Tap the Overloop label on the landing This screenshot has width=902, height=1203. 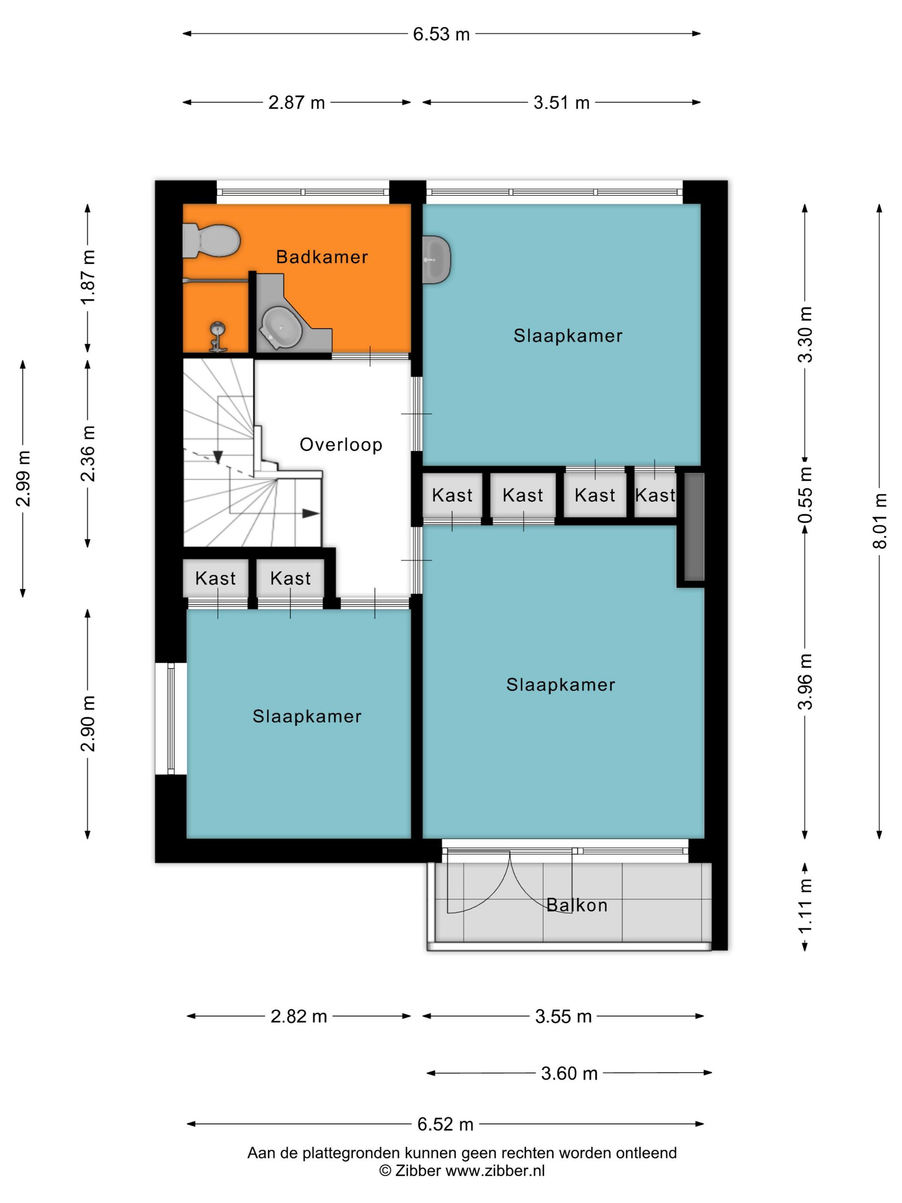[x=341, y=444]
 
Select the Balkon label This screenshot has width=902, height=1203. [x=576, y=905]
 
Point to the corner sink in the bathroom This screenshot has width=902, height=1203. [x=282, y=327]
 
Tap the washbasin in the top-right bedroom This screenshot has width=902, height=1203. [x=436, y=260]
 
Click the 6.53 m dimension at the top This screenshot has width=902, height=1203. [x=441, y=34]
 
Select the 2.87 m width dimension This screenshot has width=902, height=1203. [x=296, y=102]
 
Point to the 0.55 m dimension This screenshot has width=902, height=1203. [x=805, y=495]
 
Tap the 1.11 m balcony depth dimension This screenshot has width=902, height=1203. [x=805, y=906]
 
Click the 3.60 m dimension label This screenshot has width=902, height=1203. [x=569, y=1073]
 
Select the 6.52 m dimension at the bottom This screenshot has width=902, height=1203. [x=445, y=1124]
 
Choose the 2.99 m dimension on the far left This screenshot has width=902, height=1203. [x=23, y=479]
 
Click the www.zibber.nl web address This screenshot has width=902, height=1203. [x=495, y=1171]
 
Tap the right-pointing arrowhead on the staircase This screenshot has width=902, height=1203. [x=311, y=513]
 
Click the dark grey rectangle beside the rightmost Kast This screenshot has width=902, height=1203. [x=694, y=526]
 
